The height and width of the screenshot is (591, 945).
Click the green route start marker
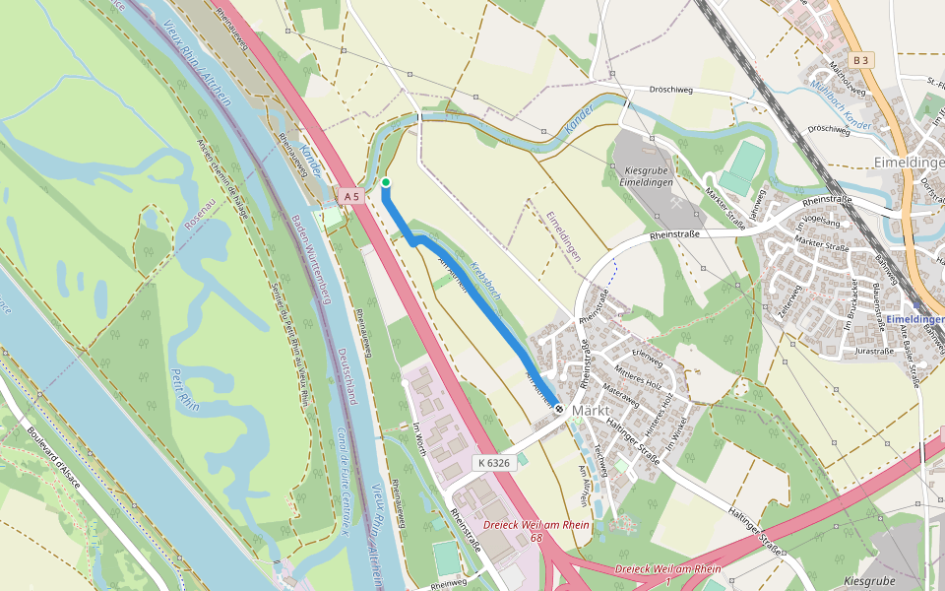(x=386, y=182)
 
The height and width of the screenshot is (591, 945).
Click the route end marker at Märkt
(x=559, y=409)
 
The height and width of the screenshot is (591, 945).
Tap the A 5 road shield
(x=352, y=197)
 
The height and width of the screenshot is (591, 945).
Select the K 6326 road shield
(x=495, y=462)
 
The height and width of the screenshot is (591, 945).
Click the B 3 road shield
(x=862, y=60)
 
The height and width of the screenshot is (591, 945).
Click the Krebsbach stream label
(x=485, y=279)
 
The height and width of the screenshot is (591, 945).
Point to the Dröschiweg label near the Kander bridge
(x=671, y=90)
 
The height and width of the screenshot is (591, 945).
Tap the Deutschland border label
(x=345, y=374)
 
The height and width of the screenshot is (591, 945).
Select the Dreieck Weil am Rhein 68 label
(x=536, y=530)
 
